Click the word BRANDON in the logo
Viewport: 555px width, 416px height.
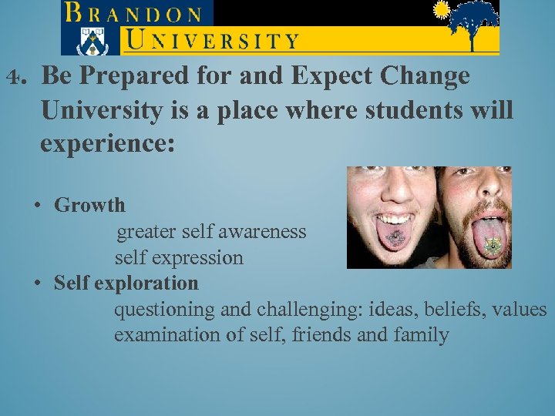(135, 12)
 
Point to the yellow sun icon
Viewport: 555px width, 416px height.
(442, 10)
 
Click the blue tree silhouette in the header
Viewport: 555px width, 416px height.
(472, 23)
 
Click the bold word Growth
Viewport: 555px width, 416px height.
(89, 205)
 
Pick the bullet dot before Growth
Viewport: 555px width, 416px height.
(37, 206)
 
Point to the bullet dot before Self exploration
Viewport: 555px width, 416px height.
(37, 283)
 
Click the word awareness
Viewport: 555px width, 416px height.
(265, 231)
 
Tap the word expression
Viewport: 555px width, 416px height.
(200, 257)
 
